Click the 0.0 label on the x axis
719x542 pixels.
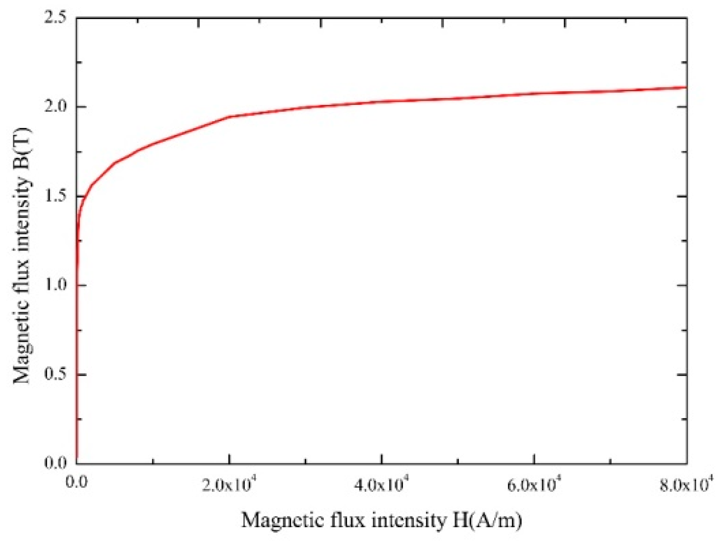tap(76, 483)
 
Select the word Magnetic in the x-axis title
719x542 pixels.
tap(283, 520)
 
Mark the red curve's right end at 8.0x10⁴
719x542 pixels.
tap(686, 87)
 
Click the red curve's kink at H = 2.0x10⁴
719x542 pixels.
tap(229, 117)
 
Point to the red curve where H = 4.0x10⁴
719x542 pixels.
tap(381, 101)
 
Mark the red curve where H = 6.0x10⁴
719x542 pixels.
tap(534, 93)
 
